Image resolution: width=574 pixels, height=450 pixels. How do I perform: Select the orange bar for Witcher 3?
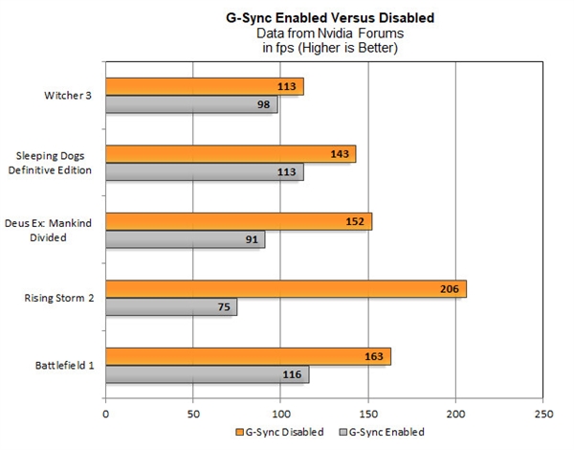click(x=204, y=87)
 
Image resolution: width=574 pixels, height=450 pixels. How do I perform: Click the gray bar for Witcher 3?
click(x=191, y=104)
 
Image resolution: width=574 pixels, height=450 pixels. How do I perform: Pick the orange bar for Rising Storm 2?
click(x=285, y=289)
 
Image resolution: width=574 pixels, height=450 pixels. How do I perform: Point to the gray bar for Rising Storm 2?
click(x=170, y=307)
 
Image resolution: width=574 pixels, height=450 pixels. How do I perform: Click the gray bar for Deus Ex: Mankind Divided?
click(x=185, y=239)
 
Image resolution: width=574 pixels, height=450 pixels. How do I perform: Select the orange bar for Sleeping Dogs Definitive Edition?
click(x=230, y=154)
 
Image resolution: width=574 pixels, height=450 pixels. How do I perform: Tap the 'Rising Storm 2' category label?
click(x=59, y=298)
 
